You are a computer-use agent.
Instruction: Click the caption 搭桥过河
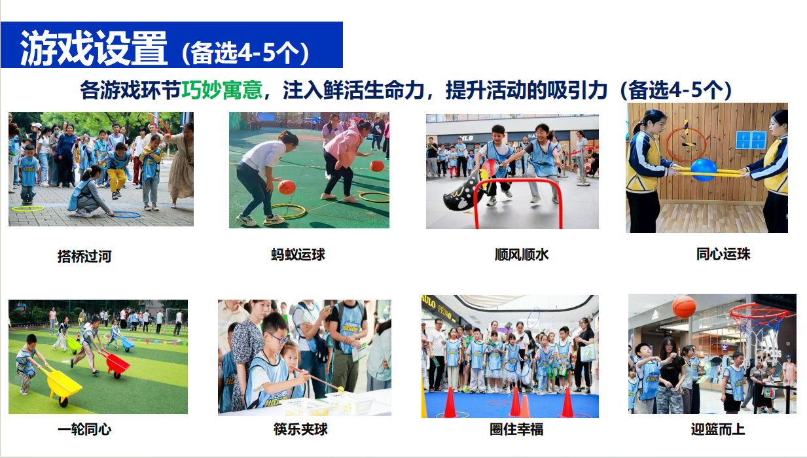click(84, 256)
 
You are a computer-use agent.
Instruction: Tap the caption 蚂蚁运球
click(298, 255)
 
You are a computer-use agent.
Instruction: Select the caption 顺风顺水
click(521, 255)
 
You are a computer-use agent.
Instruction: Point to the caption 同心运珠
click(723, 254)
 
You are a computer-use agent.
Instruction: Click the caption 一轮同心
click(84, 429)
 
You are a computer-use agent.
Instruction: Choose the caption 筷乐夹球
click(300, 429)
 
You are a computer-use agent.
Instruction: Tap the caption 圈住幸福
click(516, 429)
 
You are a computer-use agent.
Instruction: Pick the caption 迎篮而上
click(717, 429)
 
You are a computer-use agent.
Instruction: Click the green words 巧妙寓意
click(222, 90)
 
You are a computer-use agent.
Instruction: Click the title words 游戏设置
click(94, 48)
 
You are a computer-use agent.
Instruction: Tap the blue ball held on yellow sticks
click(704, 169)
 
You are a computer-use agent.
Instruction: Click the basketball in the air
click(684, 306)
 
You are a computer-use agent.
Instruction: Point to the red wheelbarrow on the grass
click(116, 364)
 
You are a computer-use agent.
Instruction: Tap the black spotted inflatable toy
click(465, 192)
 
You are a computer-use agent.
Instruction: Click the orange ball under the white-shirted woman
click(287, 187)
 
